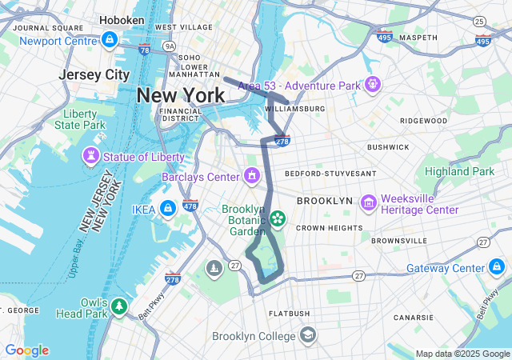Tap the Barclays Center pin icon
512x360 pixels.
(x=253, y=175)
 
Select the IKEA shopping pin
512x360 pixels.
(x=167, y=210)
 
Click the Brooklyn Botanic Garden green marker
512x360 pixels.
(x=278, y=218)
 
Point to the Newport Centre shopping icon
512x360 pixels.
(x=110, y=39)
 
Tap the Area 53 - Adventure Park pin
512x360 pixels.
(x=372, y=84)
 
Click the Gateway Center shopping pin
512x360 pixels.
(x=497, y=267)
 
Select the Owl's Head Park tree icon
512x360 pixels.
(x=119, y=306)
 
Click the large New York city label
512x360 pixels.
(x=181, y=94)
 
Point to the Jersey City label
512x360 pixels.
(x=94, y=74)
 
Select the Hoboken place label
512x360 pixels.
(x=122, y=19)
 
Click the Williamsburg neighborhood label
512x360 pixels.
(x=294, y=108)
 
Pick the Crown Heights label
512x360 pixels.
(x=323, y=228)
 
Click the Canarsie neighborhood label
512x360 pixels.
(x=413, y=318)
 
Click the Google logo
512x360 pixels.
(x=26, y=350)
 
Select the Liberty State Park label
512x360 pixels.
(x=79, y=118)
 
